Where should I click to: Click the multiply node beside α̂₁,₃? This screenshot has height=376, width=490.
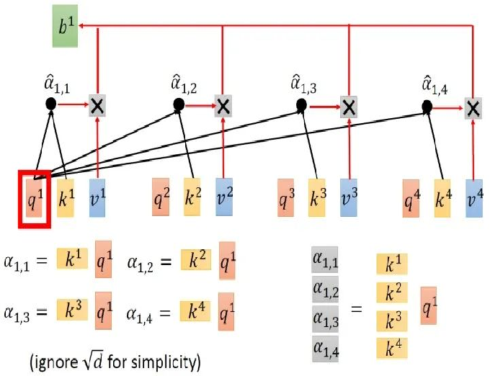click(x=348, y=107)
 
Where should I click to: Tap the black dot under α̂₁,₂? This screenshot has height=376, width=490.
click(x=179, y=105)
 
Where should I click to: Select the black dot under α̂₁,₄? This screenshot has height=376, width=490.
click(x=427, y=106)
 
